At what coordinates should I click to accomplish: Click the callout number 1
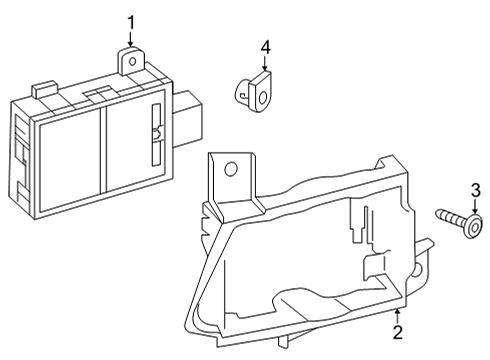click(x=131, y=23)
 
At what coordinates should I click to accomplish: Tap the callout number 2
click(x=398, y=332)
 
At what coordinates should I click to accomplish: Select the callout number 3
click(x=475, y=191)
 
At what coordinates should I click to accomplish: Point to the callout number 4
click(x=265, y=48)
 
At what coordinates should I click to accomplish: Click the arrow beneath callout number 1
click(x=130, y=39)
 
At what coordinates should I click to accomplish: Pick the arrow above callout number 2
click(x=397, y=316)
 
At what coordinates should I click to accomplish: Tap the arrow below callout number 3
click(x=475, y=206)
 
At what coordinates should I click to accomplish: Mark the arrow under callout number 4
click(x=264, y=63)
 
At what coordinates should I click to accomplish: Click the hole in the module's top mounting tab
click(x=132, y=61)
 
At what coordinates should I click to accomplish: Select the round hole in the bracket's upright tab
click(x=230, y=169)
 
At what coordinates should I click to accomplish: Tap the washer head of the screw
click(x=474, y=227)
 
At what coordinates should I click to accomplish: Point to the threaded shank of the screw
click(x=451, y=217)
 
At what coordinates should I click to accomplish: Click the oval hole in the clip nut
click(x=263, y=98)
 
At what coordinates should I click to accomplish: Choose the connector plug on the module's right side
click(x=187, y=119)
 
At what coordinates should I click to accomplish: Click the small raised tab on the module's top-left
click(x=45, y=89)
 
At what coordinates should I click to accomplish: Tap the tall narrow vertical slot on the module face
click(x=156, y=135)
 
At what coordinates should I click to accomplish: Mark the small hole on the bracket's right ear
click(x=417, y=270)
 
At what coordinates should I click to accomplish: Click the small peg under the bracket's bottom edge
click(x=283, y=341)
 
